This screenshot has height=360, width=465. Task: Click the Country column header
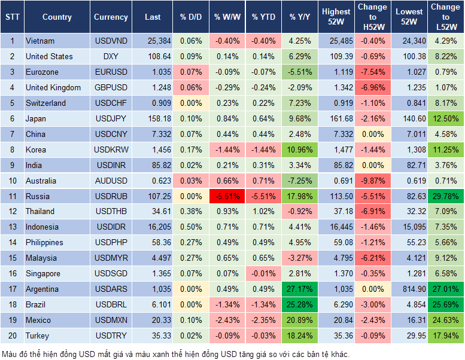coord(57,17)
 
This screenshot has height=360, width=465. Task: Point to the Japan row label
coord(36,118)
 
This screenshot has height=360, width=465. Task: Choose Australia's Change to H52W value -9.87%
coord(372,181)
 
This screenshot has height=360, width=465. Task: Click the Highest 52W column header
coord(336,17)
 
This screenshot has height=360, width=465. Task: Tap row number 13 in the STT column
coord(12,227)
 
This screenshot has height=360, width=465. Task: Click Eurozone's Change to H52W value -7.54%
coord(372,72)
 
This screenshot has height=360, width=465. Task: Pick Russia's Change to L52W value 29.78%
coord(446,196)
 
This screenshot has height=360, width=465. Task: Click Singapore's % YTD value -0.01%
coord(263,274)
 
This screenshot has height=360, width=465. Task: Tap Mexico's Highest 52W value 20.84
coord(336,321)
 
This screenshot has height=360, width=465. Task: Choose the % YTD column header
coord(263,17)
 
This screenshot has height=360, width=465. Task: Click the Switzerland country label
coord(45,103)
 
